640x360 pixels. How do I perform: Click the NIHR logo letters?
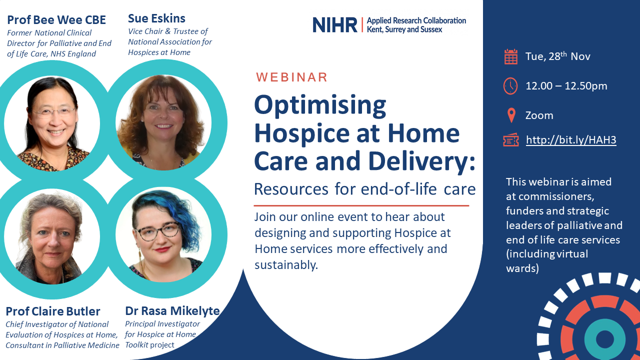coord(335,25)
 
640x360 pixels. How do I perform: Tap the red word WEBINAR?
coord(291,77)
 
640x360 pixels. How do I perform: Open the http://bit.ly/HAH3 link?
coord(571,139)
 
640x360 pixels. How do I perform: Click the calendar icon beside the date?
coord(511,56)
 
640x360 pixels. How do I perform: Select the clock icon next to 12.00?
coord(510,85)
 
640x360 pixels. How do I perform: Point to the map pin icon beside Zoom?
coord(511,115)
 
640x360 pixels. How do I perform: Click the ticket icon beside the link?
coord(511,140)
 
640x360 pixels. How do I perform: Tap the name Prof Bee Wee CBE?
coord(56,20)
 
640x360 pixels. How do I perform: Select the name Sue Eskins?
coord(156,18)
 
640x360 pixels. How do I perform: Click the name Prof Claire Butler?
coord(53,311)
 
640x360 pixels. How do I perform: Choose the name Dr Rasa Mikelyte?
coord(172,311)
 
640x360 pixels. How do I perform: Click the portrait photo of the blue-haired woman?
coord(163,235)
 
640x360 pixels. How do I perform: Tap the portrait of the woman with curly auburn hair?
coord(163,122)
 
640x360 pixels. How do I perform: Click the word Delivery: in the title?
coord(421,161)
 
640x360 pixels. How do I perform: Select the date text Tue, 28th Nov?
coord(557,56)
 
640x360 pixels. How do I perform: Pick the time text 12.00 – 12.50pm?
coord(566,85)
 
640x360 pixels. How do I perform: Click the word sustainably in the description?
coord(286,265)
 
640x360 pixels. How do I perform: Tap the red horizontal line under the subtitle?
coord(361,205)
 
